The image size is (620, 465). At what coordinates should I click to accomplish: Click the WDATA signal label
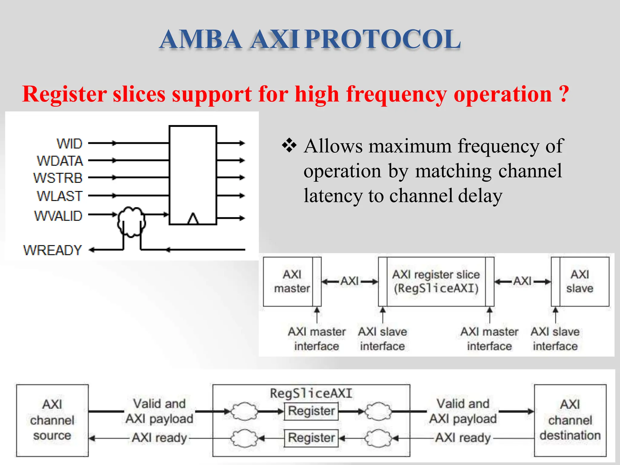[60, 161]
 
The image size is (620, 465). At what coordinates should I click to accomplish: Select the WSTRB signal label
[58, 178]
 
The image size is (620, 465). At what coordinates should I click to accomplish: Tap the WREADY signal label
[53, 250]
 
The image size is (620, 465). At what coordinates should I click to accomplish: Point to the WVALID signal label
[58, 216]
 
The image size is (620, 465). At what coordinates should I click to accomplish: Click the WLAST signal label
[60, 196]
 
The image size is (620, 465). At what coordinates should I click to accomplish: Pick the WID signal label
[69, 143]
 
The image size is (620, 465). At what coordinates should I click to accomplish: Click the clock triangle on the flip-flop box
[193, 219]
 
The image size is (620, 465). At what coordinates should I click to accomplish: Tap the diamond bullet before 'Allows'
[289, 145]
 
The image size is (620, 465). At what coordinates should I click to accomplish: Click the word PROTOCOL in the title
[383, 39]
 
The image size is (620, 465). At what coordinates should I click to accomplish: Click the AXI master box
[288, 282]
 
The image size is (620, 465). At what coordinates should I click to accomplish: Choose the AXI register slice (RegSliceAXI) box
[436, 282]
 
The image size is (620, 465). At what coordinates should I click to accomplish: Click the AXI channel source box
[52, 420]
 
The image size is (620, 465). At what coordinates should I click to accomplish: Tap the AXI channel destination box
[570, 420]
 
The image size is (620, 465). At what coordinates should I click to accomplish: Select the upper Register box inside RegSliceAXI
[311, 411]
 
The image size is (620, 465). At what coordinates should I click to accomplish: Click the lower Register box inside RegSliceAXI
[311, 438]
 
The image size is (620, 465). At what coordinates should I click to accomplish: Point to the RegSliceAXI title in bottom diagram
[311, 393]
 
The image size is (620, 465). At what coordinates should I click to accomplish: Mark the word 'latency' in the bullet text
[333, 196]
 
